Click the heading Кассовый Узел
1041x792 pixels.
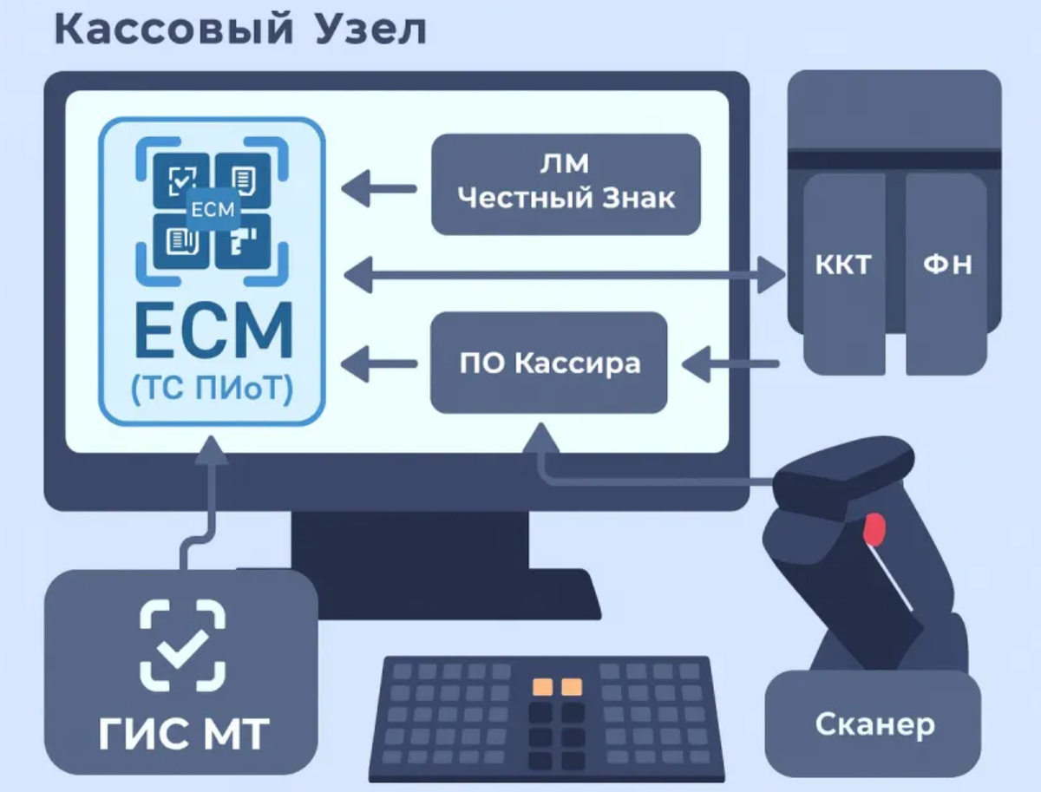[240, 30]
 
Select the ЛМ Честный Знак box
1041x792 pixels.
[566, 184]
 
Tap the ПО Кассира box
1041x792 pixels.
[549, 363]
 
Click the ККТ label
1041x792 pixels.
[843, 265]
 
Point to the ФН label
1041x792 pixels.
[946, 265]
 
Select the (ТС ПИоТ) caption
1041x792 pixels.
[213, 389]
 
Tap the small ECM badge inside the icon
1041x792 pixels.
[213, 208]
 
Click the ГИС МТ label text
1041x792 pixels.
[182, 735]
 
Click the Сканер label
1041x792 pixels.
[875, 724]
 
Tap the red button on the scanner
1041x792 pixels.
[874, 529]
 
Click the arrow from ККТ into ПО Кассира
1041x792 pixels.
[729, 363]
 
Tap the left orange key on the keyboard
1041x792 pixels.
[542, 687]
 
